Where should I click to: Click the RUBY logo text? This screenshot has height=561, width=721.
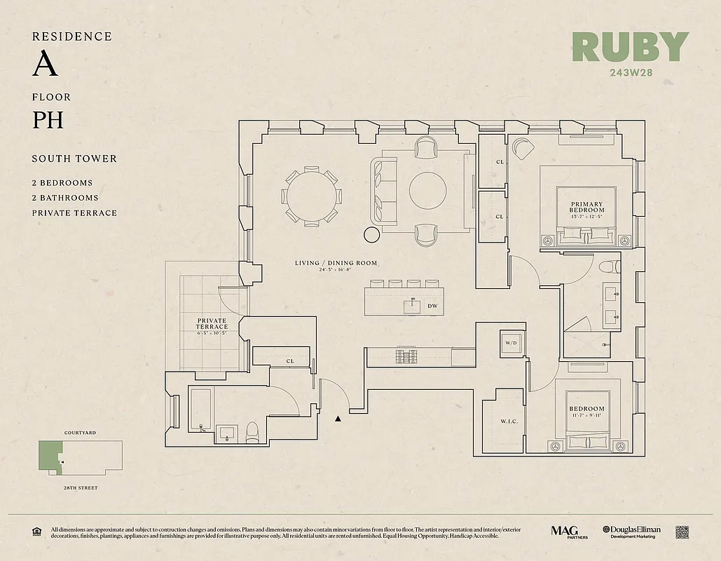click(630, 48)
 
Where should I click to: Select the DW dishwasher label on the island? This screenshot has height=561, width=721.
click(432, 306)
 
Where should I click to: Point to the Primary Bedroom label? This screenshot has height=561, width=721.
click(586, 208)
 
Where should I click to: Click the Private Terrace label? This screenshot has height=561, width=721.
click(212, 323)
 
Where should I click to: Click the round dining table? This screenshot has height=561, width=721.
click(311, 196)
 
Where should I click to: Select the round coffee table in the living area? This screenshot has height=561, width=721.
click(427, 191)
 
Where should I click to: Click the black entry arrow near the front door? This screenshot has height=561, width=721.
click(338, 419)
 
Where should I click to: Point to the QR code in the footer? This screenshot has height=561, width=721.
click(682, 532)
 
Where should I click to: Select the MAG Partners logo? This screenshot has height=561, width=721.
click(568, 532)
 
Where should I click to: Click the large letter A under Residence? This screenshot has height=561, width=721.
click(44, 65)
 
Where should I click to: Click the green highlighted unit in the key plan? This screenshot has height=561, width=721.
click(49, 456)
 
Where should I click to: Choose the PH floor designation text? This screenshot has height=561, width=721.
click(48, 120)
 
